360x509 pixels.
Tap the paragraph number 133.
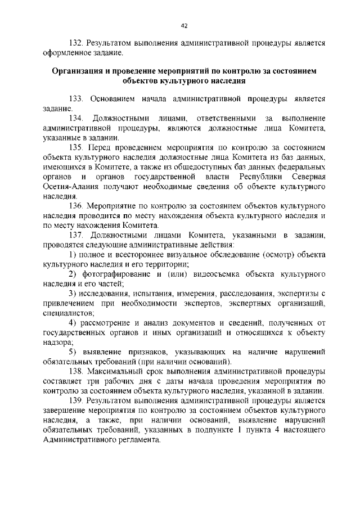pyautogui.click(x=76, y=98)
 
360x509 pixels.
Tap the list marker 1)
pyautogui.click(x=73, y=254)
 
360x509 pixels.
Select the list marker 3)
pyautogui.click(x=73, y=294)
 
